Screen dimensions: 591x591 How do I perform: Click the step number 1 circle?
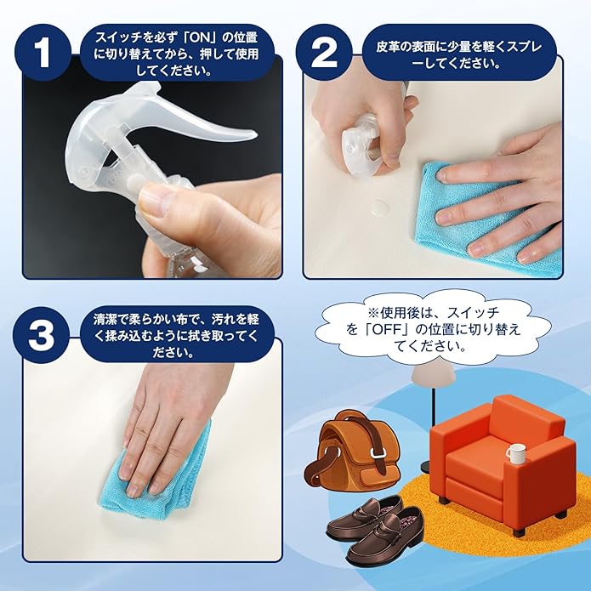[x=43, y=53]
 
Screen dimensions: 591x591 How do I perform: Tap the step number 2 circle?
[x=324, y=53]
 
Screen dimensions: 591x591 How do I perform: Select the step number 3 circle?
[x=42, y=334]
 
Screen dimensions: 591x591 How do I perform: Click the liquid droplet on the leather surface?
[x=379, y=207]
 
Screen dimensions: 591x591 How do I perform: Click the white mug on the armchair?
[x=514, y=453]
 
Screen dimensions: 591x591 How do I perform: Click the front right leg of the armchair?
[x=520, y=531]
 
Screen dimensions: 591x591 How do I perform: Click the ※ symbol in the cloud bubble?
[x=372, y=312]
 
